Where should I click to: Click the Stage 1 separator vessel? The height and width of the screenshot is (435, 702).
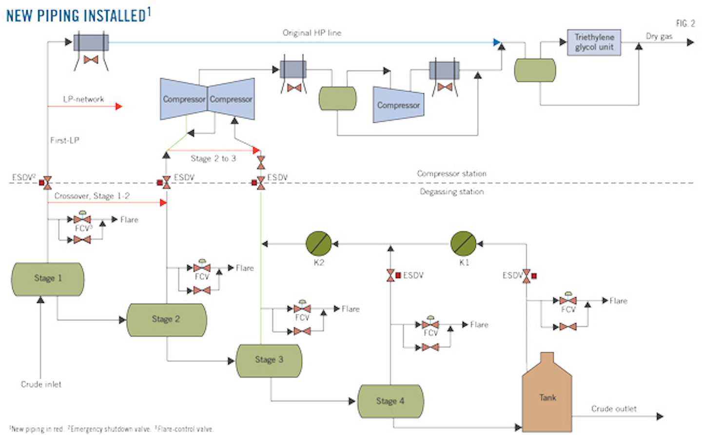[x=47, y=279]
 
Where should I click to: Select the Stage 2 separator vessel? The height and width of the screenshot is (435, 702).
[x=166, y=320]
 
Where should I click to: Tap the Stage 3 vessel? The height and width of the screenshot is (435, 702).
[x=269, y=360]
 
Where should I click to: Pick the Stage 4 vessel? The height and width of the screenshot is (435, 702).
[x=390, y=401]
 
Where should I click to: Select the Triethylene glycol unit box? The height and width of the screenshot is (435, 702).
[x=594, y=42]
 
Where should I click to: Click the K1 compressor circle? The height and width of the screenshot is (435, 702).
[x=463, y=244]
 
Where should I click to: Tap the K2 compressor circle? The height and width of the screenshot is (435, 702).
[x=318, y=244]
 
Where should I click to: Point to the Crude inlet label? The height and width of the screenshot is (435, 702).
[x=41, y=384]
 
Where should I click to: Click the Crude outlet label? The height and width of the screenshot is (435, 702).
[x=613, y=409]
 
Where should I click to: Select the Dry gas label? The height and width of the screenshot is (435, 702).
[x=659, y=36]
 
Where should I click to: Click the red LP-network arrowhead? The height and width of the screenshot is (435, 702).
[x=118, y=106]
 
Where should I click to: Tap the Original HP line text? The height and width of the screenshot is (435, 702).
[x=312, y=33]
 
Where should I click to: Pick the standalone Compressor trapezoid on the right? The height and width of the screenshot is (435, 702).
[x=398, y=105]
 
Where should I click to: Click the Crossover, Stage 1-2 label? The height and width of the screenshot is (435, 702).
[x=92, y=196]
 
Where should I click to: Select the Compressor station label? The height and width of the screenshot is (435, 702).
[x=451, y=173]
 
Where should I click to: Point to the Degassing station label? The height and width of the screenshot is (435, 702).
[x=451, y=192]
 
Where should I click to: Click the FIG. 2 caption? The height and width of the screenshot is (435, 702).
[x=685, y=23]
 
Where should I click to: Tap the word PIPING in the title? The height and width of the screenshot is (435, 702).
[x=64, y=16]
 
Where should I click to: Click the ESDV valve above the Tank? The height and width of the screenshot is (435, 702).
[x=526, y=276]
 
